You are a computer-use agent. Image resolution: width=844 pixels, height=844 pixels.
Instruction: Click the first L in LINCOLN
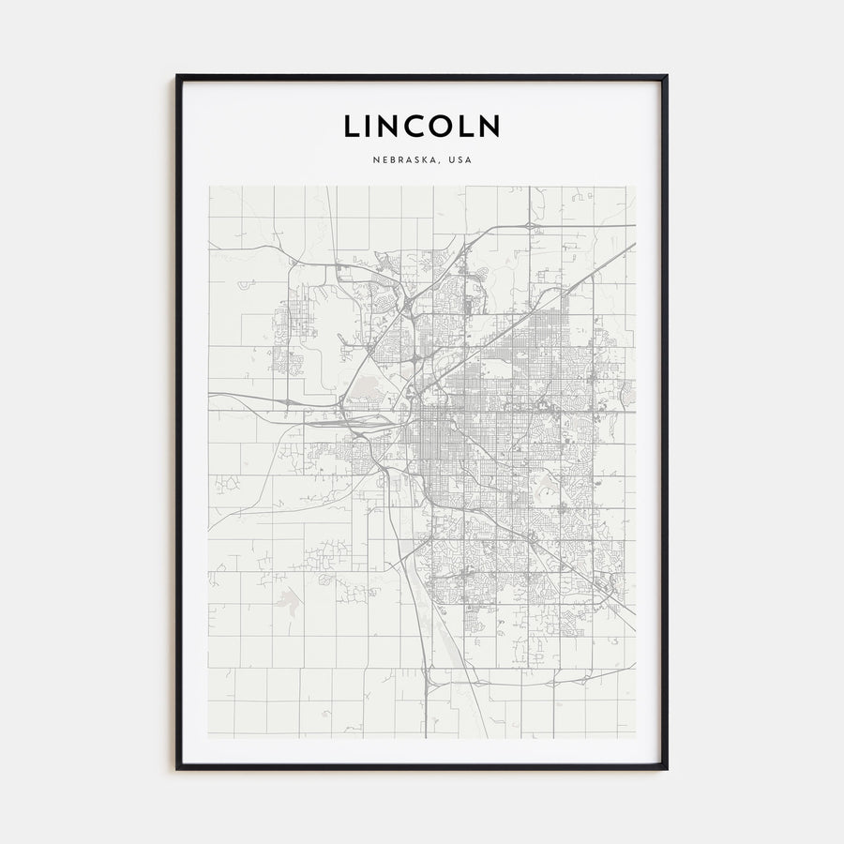tap(351, 126)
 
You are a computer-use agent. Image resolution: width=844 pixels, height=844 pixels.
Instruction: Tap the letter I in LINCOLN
tap(372, 126)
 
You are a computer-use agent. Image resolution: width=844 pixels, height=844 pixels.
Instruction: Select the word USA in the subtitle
tap(460, 160)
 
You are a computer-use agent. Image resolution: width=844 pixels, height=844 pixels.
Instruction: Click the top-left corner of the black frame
tap(177, 76)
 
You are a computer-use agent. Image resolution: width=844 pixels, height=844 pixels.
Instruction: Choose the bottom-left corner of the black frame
tap(177, 768)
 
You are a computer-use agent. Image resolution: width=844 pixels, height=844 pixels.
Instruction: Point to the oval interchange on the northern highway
tap(531, 226)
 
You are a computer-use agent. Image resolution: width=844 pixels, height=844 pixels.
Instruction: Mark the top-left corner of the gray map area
tap(209, 187)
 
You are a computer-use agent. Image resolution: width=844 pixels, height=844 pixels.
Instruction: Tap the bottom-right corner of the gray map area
tap(635, 737)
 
